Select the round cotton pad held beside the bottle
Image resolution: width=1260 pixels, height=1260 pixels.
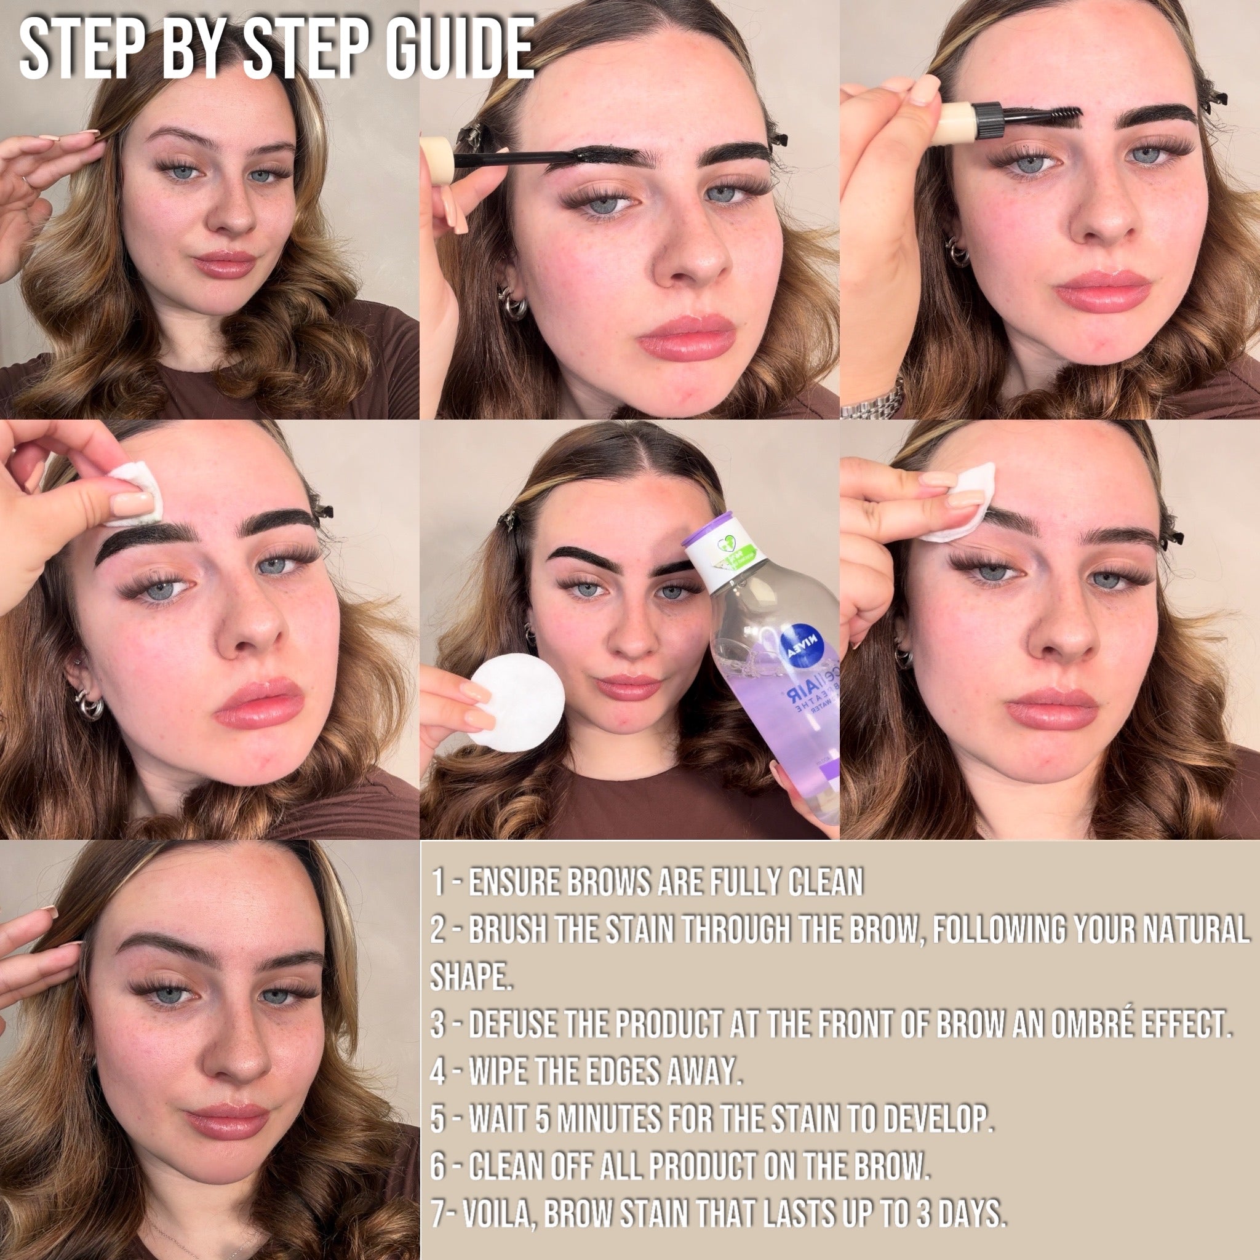518,702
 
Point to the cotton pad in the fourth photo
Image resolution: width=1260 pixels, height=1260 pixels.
134,493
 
